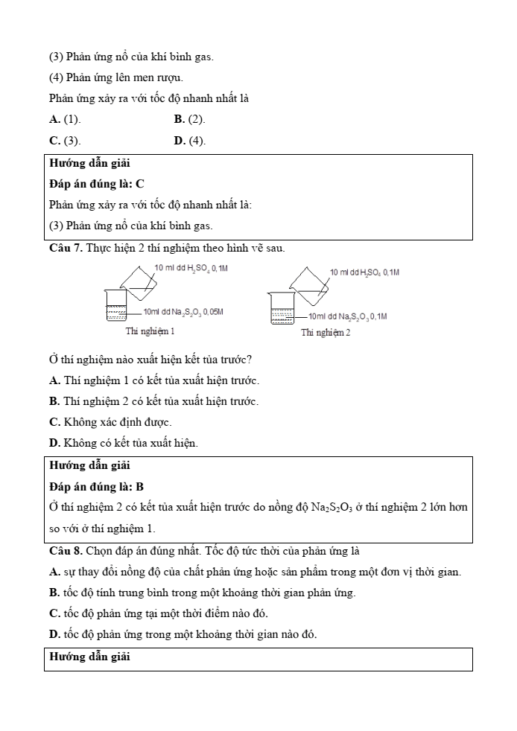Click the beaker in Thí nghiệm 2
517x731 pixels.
(x=282, y=307)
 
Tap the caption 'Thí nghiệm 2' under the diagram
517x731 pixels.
(x=326, y=332)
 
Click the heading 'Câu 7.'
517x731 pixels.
(x=66, y=247)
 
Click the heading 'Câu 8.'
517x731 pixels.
(x=66, y=552)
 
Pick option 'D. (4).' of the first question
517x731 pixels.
(x=189, y=140)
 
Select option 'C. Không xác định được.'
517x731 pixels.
(x=104, y=422)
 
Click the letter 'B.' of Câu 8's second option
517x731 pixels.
(x=54, y=593)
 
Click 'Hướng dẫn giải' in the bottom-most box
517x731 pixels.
(x=89, y=657)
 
